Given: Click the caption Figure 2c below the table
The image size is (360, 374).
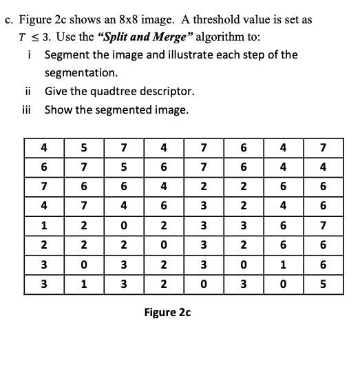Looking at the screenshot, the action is tap(167, 313).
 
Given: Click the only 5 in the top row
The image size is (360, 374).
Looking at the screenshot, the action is tap(83, 147).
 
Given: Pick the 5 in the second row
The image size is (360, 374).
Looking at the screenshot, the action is tap(121, 166).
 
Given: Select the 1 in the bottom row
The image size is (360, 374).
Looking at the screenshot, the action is tap(83, 283).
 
